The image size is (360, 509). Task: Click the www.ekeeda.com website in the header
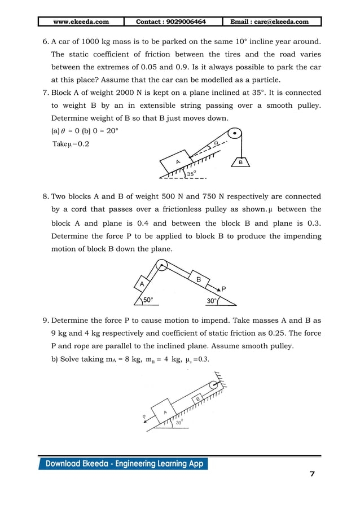(81, 22)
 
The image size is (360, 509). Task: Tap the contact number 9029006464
(171, 22)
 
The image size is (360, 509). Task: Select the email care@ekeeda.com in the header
(270, 22)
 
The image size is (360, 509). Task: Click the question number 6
(46, 42)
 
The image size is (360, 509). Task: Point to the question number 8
(46, 196)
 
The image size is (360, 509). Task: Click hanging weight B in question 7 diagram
(241, 162)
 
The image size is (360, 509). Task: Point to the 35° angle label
(191, 174)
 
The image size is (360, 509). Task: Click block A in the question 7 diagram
(178, 162)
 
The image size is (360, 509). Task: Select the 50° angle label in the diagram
(148, 300)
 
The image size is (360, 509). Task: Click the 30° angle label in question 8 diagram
(212, 301)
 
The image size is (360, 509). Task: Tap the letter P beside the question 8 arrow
(223, 288)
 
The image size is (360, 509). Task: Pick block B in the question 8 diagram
(198, 279)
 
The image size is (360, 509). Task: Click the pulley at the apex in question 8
(162, 264)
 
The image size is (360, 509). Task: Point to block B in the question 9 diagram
(198, 399)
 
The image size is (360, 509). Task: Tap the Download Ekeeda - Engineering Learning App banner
(123, 464)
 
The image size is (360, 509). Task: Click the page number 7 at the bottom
(312, 473)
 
